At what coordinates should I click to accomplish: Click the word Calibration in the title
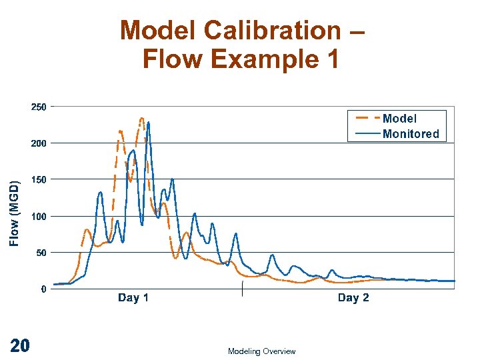tap(275, 31)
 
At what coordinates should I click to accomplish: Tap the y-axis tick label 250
tap(38, 107)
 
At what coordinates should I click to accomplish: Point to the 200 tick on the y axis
tap(38, 143)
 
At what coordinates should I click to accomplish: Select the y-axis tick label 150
tap(38, 180)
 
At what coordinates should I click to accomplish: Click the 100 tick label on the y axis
tap(38, 217)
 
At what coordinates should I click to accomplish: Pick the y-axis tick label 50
tap(40, 253)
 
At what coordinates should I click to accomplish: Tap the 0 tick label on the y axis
tap(43, 289)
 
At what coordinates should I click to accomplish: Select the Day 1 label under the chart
tap(133, 298)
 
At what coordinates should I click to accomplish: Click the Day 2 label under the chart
tap(353, 298)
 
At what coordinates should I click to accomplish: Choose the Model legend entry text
tap(399, 119)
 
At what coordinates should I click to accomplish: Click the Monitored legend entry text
tap(411, 134)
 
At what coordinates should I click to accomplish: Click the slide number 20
tap(20, 345)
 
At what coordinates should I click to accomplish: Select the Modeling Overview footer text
tap(261, 351)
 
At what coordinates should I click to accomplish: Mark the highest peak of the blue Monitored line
tap(148, 123)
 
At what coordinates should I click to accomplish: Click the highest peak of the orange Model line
tap(141, 119)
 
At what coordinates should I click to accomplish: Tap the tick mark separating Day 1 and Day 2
tap(242, 289)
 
